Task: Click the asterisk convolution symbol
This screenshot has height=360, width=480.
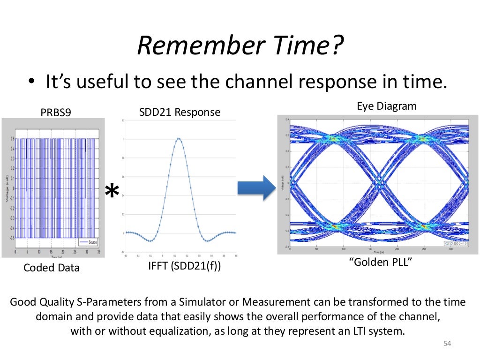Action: (112, 191)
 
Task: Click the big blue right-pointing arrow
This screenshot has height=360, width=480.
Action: (255, 188)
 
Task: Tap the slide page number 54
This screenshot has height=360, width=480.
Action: (446, 345)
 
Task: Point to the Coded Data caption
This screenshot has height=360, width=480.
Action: (52, 268)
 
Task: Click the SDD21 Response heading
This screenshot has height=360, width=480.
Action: (180, 112)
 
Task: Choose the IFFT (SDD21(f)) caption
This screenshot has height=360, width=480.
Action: (184, 267)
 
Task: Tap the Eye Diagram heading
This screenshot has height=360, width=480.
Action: (386, 106)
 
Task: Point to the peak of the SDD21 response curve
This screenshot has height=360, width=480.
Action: (179, 138)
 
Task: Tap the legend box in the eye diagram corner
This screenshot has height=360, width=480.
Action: (456, 243)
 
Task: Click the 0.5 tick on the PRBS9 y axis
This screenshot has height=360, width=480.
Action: (13, 139)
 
